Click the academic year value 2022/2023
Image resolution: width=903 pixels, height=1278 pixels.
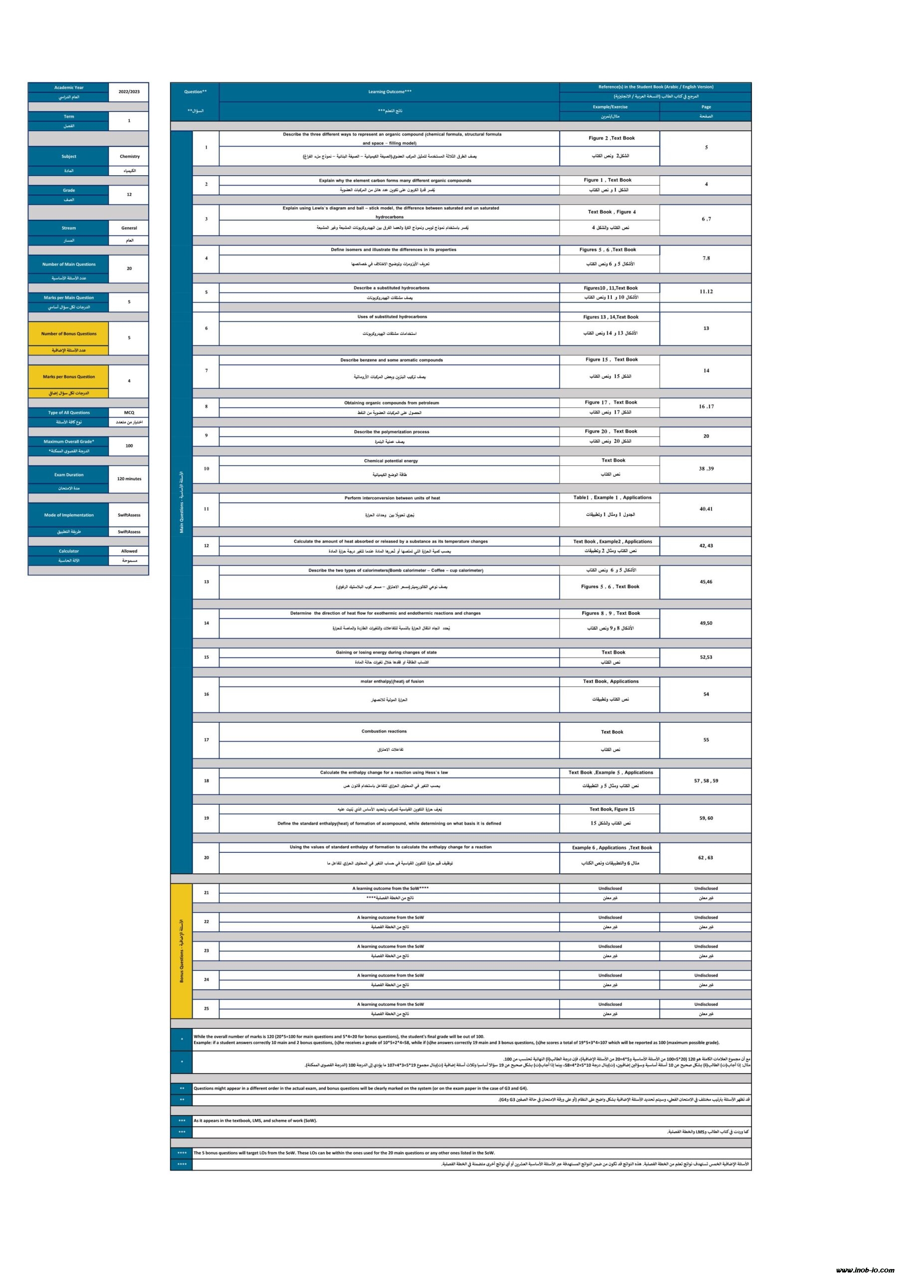pos(129,92)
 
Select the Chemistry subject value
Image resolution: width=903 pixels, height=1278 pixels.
pos(130,156)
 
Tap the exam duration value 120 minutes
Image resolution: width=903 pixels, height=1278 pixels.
pos(129,479)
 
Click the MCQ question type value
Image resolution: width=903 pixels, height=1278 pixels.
pos(129,412)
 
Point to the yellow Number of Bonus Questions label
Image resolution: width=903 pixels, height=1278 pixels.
pos(68,334)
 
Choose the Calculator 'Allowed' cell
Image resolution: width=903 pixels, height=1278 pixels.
pos(129,551)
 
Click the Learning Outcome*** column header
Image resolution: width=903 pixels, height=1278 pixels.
pos(390,92)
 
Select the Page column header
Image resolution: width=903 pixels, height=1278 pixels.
pos(705,107)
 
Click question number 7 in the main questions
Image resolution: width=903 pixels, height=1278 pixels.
pos(206,371)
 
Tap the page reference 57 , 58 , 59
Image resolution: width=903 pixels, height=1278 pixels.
pos(705,781)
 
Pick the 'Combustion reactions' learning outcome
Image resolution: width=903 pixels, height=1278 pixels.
pos(384,731)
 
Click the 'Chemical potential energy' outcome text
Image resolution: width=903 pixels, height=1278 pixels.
pos(391,461)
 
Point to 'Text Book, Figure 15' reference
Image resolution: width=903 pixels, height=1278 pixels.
pos(612,809)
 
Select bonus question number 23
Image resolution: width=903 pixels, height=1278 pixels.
pos(206,951)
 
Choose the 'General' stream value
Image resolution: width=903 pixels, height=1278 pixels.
pos(129,228)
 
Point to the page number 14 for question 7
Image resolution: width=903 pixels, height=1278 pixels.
pos(705,371)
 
